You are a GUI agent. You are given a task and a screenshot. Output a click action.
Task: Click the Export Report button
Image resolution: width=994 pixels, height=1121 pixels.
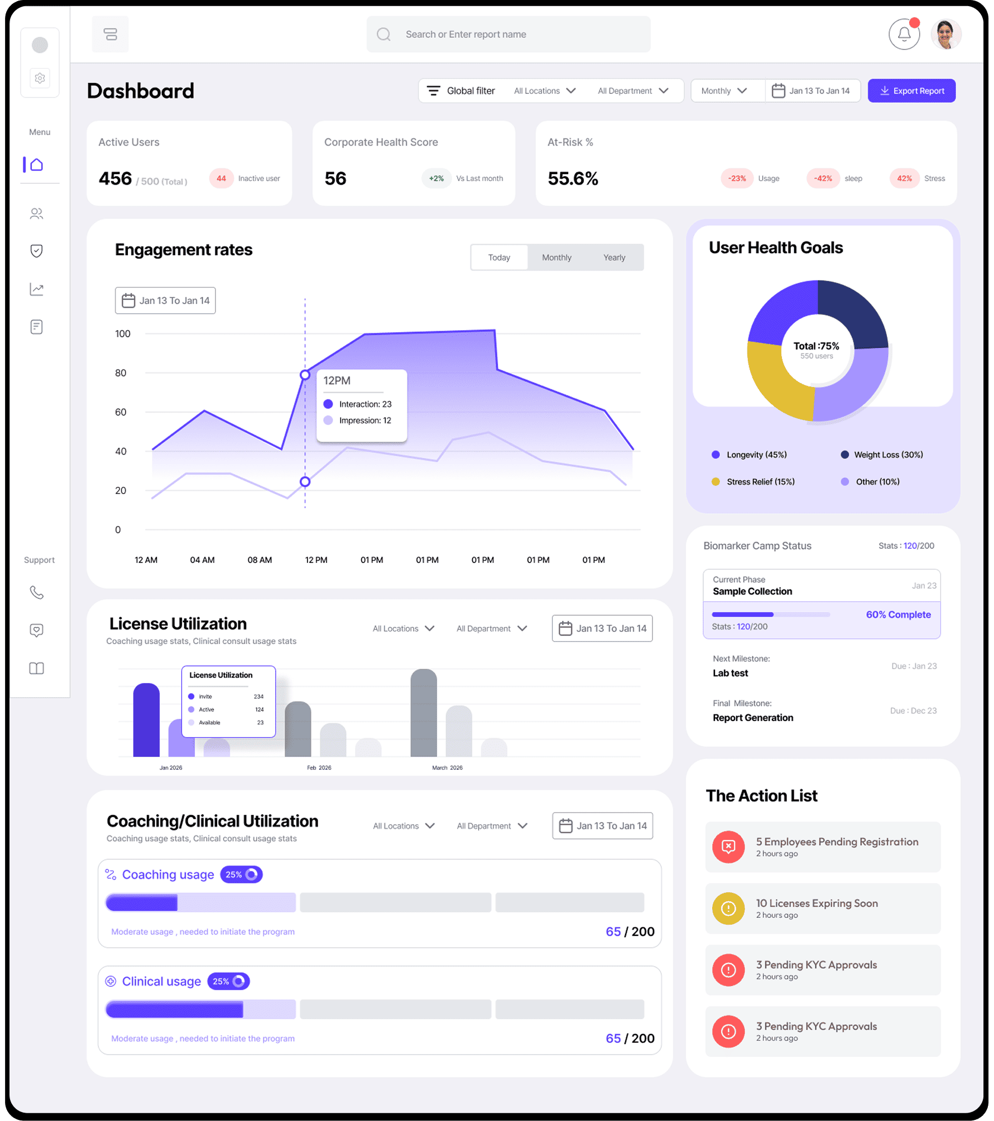(911, 91)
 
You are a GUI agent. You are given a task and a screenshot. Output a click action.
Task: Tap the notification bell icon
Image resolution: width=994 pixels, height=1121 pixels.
(904, 35)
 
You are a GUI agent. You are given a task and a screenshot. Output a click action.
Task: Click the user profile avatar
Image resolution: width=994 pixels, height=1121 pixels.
(945, 35)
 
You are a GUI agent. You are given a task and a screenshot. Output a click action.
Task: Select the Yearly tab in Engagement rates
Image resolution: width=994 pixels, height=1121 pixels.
(614, 258)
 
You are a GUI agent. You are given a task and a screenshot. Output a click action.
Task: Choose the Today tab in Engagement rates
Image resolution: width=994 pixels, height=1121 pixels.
(499, 258)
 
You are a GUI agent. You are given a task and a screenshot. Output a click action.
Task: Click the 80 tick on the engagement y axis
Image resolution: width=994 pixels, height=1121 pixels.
(121, 373)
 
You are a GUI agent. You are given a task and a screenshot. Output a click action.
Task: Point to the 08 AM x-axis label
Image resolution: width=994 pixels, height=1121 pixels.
(260, 560)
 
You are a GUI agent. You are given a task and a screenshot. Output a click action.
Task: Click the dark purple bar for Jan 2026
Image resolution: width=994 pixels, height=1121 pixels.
(146, 719)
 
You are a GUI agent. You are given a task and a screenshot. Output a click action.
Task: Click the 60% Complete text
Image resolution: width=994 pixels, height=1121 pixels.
(898, 615)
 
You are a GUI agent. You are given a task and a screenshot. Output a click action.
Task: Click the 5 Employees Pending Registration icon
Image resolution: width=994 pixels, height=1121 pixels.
(728, 847)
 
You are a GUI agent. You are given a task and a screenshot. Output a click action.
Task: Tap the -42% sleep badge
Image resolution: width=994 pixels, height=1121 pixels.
(823, 178)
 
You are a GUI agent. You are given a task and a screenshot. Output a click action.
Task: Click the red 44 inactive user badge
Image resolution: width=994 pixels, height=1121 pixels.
(221, 178)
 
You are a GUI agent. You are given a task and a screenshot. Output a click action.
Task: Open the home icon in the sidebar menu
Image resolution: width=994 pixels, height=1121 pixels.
(37, 165)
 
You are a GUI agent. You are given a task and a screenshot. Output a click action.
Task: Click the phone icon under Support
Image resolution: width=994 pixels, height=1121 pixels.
(37, 592)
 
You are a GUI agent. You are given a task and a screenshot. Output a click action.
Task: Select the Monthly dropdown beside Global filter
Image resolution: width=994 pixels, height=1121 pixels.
(724, 91)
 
